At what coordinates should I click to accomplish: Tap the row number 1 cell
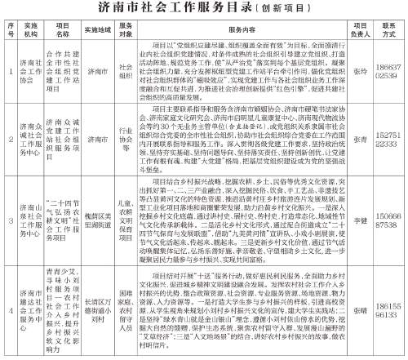click(9, 69)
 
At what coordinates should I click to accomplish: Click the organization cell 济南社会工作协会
click(28, 69)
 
